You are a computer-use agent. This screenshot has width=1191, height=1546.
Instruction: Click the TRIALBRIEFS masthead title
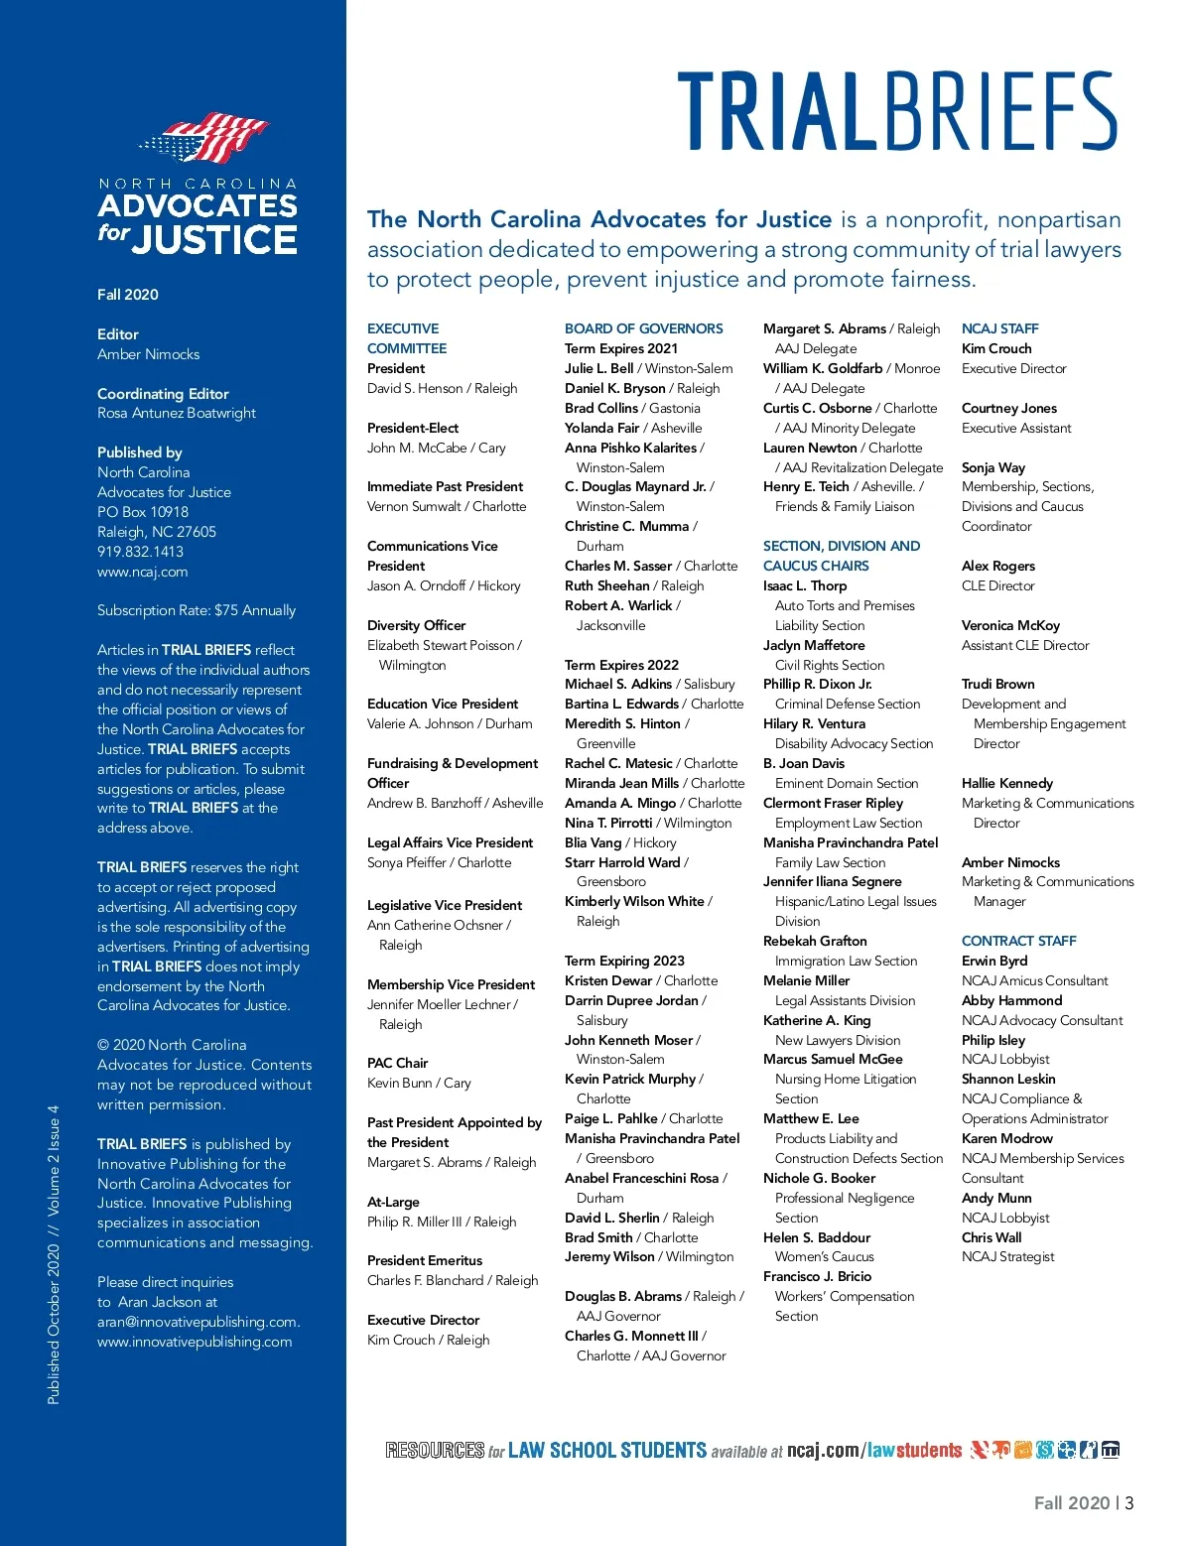coord(897,111)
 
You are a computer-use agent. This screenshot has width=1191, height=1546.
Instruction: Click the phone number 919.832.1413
coord(140,552)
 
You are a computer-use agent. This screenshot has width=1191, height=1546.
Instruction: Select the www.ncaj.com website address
coord(142,572)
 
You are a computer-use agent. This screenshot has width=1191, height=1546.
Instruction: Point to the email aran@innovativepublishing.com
coord(198,1322)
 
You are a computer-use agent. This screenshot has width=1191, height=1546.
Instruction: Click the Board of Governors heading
coord(643,328)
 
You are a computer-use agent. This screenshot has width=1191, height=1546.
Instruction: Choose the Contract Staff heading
coord(1018,941)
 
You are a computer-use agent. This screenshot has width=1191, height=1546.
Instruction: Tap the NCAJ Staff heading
coord(999,328)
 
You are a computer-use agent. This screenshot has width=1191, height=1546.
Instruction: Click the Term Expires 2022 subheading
coord(621,665)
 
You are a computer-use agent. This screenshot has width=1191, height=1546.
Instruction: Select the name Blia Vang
coord(593,842)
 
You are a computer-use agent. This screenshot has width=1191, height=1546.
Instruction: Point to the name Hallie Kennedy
coord(1006,783)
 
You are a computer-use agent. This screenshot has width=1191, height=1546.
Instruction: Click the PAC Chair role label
coord(397,1063)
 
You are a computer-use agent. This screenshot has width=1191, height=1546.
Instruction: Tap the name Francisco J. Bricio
coord(817,1276)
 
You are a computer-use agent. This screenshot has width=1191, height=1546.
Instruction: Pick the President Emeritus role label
coord(425,1260)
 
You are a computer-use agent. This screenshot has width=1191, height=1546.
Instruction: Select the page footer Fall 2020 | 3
coord(1083,1502)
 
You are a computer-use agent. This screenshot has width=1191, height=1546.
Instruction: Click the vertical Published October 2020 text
coord(54,1254)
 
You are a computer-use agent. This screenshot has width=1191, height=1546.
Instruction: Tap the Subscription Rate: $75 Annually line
coord(197,610)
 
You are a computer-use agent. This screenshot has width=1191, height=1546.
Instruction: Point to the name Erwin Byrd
coord(994,961)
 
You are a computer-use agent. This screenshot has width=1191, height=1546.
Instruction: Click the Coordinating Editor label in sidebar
coord(163,394)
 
